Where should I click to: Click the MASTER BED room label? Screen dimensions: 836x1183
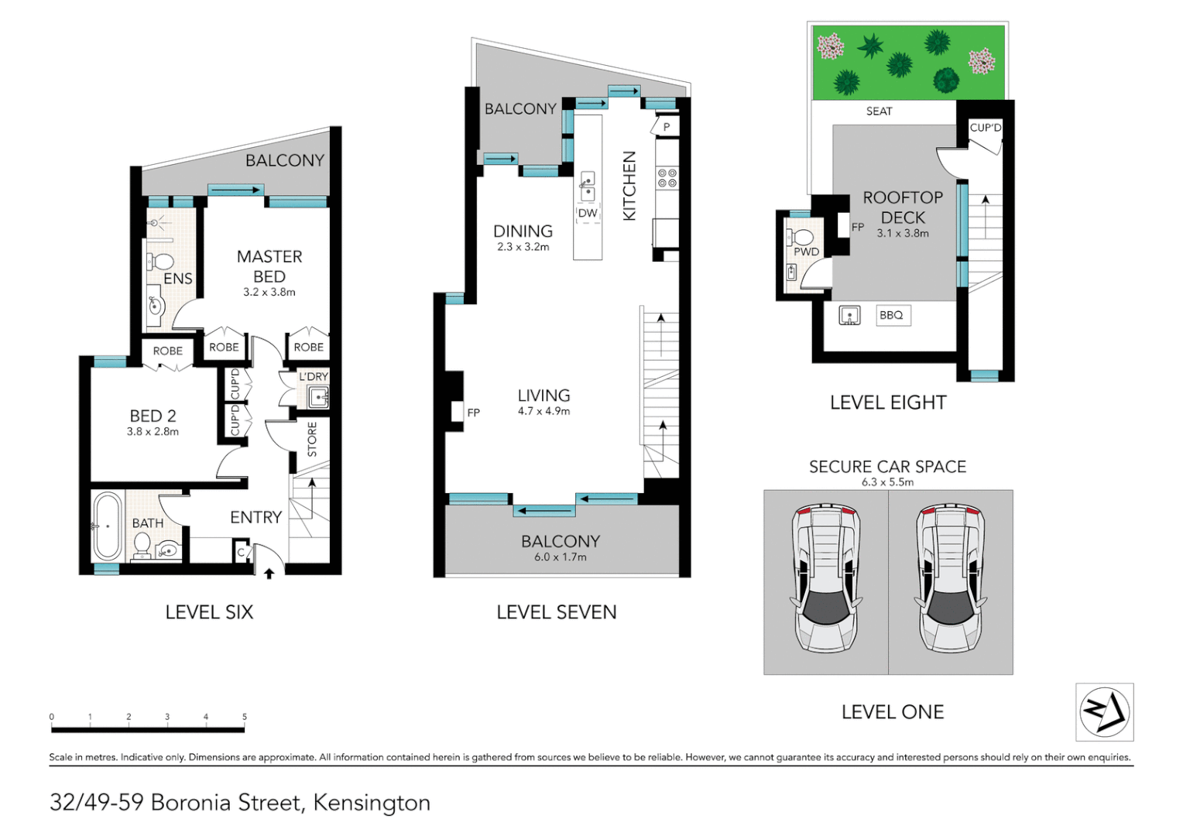[269, 266]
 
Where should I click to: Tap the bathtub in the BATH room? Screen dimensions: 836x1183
[108, 526]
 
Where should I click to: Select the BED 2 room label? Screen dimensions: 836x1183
[153, 416]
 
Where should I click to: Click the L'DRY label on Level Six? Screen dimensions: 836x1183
[314, 377]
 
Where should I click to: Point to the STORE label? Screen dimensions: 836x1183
[312, 439]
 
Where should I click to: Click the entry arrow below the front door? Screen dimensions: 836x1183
[269, 574]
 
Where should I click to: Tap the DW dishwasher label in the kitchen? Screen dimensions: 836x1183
[588, 213]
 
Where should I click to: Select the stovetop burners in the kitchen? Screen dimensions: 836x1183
[667, 178]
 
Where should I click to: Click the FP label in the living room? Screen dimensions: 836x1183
[473, 413]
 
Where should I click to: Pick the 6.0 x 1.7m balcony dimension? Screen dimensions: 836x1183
[560, 557]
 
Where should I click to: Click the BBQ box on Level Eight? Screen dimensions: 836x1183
[892, 315]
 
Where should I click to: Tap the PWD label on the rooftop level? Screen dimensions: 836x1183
[806, 252]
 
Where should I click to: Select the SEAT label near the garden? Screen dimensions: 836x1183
[879, 111]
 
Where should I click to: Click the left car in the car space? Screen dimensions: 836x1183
[825, 579]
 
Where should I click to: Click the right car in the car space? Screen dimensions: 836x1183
[950, 579]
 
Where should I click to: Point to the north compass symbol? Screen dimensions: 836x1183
[1104, 711]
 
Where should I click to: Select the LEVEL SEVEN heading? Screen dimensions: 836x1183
[556, 612]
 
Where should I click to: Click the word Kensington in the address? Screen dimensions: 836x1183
[372, 803]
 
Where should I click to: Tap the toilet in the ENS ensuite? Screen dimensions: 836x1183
[162, 261]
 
